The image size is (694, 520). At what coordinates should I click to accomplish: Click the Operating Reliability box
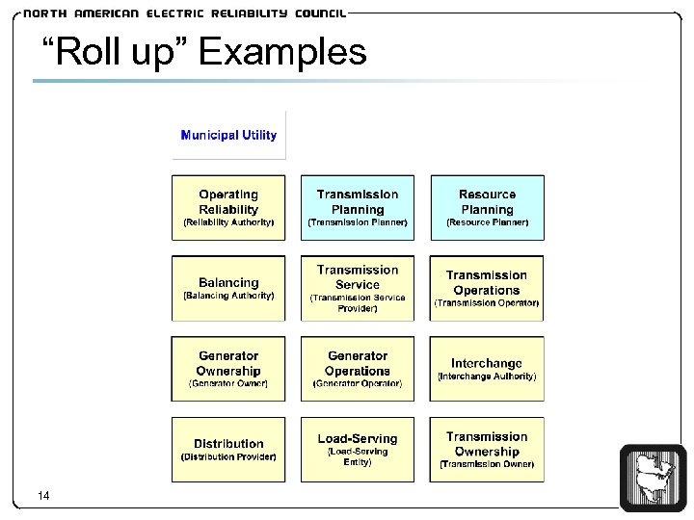pos(228,207)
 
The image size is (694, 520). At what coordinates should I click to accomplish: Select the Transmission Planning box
pos(358,207)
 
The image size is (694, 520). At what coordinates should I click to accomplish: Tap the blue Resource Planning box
pos(487,207)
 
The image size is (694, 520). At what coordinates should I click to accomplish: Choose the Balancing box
pos(228,288)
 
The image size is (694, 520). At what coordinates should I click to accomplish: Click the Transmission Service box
pos(358,288)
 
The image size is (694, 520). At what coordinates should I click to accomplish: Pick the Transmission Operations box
pos(487,288)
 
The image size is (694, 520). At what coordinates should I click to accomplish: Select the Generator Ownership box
pos(228,369)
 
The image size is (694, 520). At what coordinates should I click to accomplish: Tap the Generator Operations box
pos(358,369)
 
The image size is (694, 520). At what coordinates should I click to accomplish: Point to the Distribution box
pos(228,450)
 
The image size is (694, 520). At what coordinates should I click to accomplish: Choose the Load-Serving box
pos(358,450)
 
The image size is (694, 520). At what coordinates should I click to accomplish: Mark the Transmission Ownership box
pos(487,450)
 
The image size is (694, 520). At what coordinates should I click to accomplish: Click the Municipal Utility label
pos(228,136)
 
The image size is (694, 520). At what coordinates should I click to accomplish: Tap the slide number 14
pos(42,496)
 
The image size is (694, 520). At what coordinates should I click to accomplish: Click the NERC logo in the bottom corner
pos(654,478)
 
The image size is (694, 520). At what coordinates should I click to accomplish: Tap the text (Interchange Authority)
pos(487,377)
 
